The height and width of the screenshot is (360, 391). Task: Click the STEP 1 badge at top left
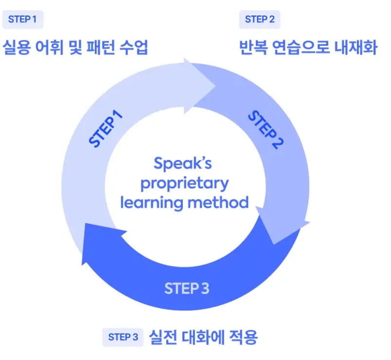22,19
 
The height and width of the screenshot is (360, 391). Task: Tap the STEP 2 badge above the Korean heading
260,19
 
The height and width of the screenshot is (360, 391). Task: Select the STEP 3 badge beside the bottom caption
123,337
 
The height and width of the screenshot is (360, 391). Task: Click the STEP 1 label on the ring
106,129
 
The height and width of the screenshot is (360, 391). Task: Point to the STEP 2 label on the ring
266,130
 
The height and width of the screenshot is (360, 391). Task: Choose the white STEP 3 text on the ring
187,288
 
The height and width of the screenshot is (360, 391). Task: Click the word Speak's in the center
183,163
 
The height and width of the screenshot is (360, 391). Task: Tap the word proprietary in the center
184,183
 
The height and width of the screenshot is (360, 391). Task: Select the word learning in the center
148,202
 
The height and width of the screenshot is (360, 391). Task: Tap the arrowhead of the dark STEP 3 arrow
90,246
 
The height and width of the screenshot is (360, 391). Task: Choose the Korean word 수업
133,48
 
